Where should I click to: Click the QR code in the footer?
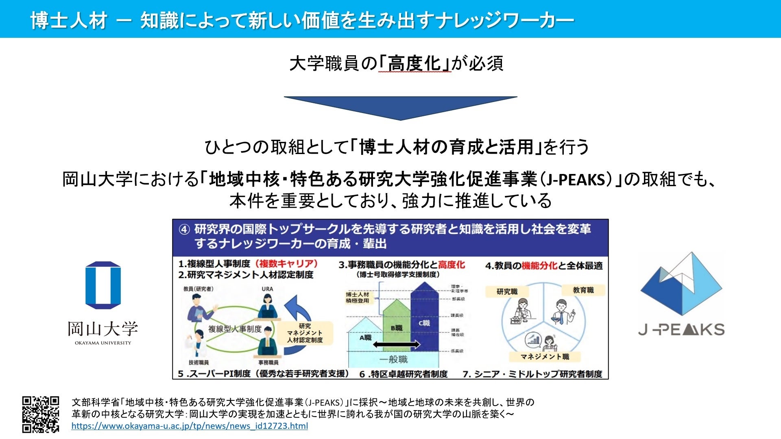(41, 414)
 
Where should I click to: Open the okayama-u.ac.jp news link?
(190, 426)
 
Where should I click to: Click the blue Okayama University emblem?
(103, 285)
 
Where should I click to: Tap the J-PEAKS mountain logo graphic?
(681, 285)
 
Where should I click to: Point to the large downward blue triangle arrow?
(400, 107)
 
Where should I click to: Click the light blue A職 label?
(365, 337)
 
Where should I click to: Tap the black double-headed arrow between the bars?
(396, 345)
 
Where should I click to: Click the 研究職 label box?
(507, 291)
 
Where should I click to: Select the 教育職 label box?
(583, 290)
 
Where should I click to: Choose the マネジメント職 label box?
(545, 357)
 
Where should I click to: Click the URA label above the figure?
(267, 289)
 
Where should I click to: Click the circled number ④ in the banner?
(184, 230)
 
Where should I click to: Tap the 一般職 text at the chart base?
(393, 359)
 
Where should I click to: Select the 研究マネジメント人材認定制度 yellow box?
(305, 333)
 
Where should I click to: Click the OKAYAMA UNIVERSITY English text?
(103, 343)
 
